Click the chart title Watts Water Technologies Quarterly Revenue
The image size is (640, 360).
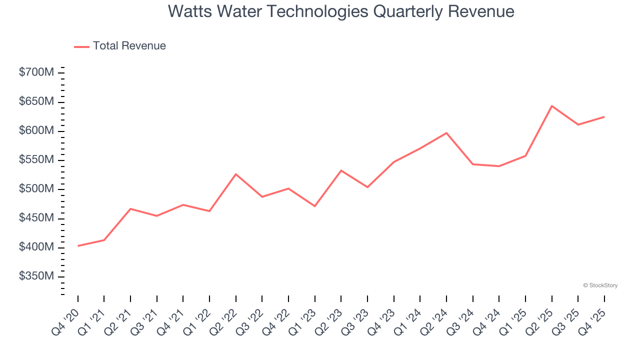point(341,11)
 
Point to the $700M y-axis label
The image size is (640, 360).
point(36,72)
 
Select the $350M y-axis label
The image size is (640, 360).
point(36,276)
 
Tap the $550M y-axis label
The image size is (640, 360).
point(36,160)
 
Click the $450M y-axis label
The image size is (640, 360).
point(36,218)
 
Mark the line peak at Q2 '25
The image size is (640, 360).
point(551,106)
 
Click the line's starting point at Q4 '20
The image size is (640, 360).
point(78,245)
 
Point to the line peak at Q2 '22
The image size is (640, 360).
point(236,174)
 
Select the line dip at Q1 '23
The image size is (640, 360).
point(315,206)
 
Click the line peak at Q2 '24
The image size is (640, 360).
point(446,133)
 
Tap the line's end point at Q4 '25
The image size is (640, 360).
point(604,117)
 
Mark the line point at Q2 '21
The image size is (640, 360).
point(130,208)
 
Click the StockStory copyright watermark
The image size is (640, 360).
point(600,285)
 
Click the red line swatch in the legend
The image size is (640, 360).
point(81,46)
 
